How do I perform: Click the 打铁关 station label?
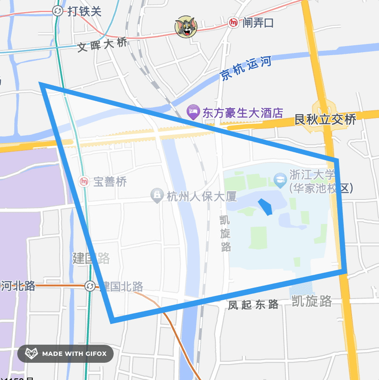pyautogui.click(x=84, y=11)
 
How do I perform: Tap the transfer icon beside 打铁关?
pyautogui.click(x=58, y=11)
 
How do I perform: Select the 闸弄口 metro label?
pyautogui.click(x=258, y=23)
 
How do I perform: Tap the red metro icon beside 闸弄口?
pyautogui.click(x=234, y=23)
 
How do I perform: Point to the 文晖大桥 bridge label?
pyautogui.click(x=103, y=45)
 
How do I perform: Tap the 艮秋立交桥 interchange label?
pyautogui.click(x=325, y=119)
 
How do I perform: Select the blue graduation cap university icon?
pyautogui.click(x=280, y=180)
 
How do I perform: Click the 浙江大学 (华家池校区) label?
pyautogui.click(x=321, y=181)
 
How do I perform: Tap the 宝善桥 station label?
pyautogui.click(x=110, y=182)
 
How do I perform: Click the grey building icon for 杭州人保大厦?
pyautogui.click(x=156, y=196)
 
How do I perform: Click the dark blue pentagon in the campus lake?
pyautogui.click(x=265, y=206)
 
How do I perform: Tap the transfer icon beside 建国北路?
pyautogui.click(x=90, y=286)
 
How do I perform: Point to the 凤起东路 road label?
pyautogui.click(x=253, y=305)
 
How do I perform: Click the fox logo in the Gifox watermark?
pyautogui.click(x=30, y=354)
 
